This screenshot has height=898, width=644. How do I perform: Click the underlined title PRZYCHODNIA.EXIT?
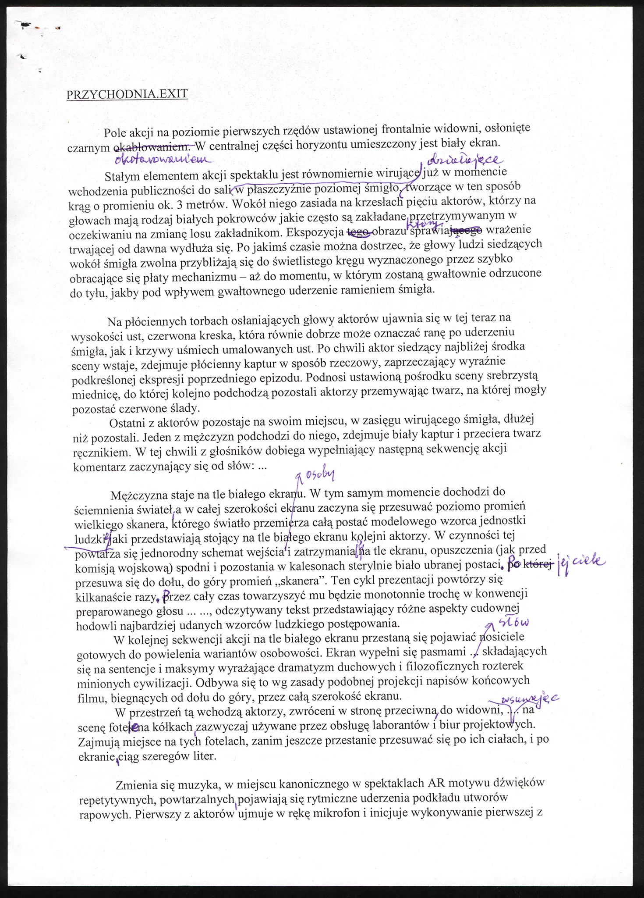tap(127, 94)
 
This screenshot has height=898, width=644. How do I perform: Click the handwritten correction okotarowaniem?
tap(162, 160)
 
